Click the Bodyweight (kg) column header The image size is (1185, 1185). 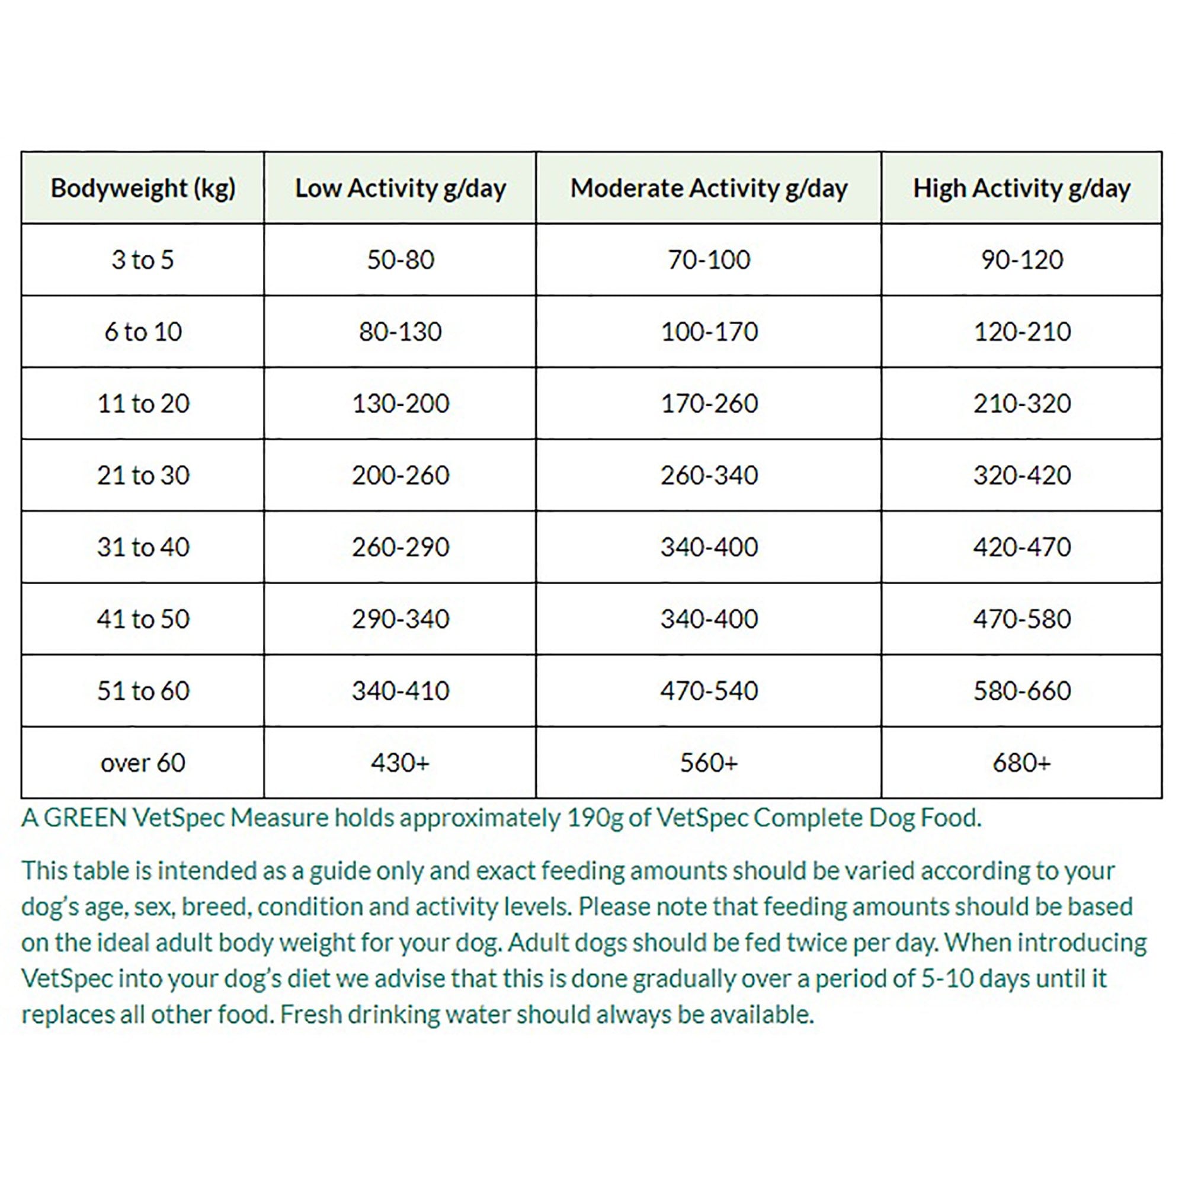coord(143,188)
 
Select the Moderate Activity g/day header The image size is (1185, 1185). coord(709,188)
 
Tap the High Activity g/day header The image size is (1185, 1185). coord(1021,188)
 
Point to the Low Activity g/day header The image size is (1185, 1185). coord(400,188)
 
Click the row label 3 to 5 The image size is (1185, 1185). coord(143,260)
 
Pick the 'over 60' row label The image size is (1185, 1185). coord(143,763)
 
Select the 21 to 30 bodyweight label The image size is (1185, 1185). coord(143,475)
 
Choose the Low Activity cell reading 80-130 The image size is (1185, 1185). coord(400,332)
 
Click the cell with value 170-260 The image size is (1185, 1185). coord(709,403)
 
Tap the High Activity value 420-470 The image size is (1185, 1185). coord(1022,547)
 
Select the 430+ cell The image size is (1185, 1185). coord(400,763)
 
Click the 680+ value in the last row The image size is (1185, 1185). coord(1022,763)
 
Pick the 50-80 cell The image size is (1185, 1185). coord(400,260)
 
